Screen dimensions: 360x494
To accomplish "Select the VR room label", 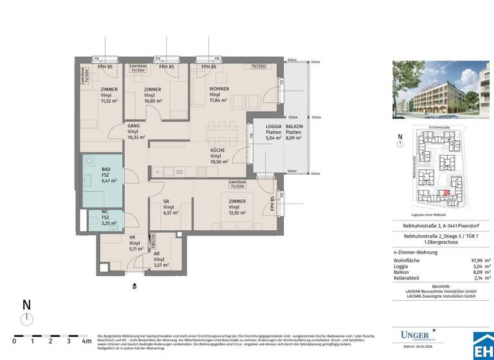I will (x=132, y=237).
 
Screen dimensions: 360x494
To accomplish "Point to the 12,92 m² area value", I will (x=237, y=214).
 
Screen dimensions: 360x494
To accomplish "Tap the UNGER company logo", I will (x=417, y=334).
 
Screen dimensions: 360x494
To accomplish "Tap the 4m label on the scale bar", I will (x=87, y=341).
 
